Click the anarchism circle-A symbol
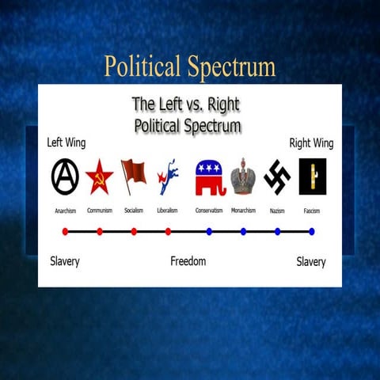[65, 177]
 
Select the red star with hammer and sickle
[99, 177]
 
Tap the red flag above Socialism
[133, 175]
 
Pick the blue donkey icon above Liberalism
[167, 177]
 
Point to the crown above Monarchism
[243, 177]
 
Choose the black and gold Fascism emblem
[312, 177]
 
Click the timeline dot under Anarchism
[65, 231]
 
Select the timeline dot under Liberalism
[168, 231]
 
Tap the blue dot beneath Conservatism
[209, 231]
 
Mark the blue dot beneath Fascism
[312, 231]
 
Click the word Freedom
[188, 261]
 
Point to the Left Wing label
[66, 143]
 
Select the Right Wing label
[311, 143]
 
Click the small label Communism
[100, 211]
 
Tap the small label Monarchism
[243, 211]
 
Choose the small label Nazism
[277, 211]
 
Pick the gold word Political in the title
[142, 66]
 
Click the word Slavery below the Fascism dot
[311, 261]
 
